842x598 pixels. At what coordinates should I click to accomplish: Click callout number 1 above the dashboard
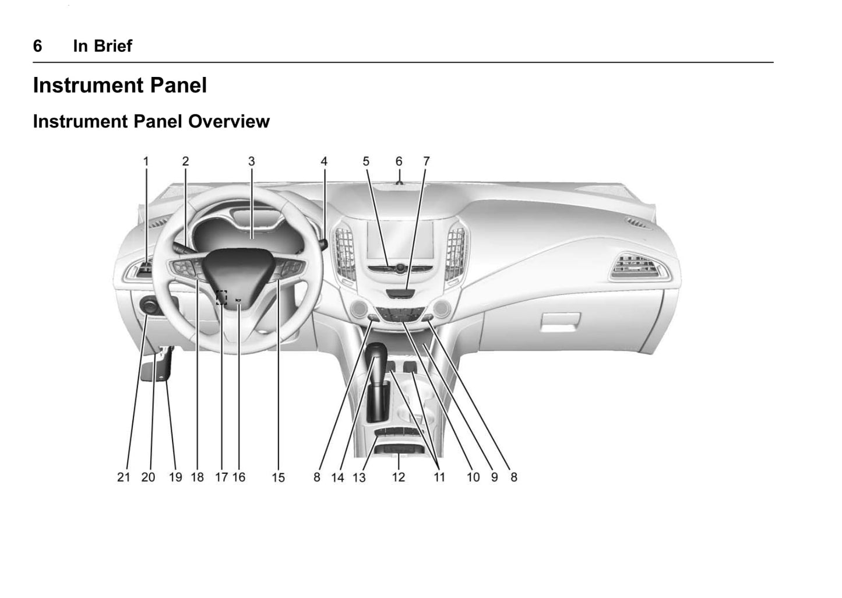(146, 161)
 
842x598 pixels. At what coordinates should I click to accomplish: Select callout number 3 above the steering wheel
(252, 161)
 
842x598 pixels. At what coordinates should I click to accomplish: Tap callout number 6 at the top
(399, 161)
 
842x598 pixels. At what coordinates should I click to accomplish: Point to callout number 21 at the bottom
(124, 477)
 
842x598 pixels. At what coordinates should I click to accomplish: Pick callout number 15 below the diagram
(278, 478)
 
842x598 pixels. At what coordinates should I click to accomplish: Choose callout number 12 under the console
(399, 477)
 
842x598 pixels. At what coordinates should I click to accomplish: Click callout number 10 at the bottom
(473, 477)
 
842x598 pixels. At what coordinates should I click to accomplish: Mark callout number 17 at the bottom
(221, 477)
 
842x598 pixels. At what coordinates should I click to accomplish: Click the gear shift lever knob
(376, 355)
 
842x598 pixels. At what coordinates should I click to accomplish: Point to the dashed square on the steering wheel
(222, 297)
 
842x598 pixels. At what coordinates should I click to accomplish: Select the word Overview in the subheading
(229, 121)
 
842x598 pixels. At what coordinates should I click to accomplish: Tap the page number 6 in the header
(38, 46)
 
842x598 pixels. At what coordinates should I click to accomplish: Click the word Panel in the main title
(178, 85)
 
